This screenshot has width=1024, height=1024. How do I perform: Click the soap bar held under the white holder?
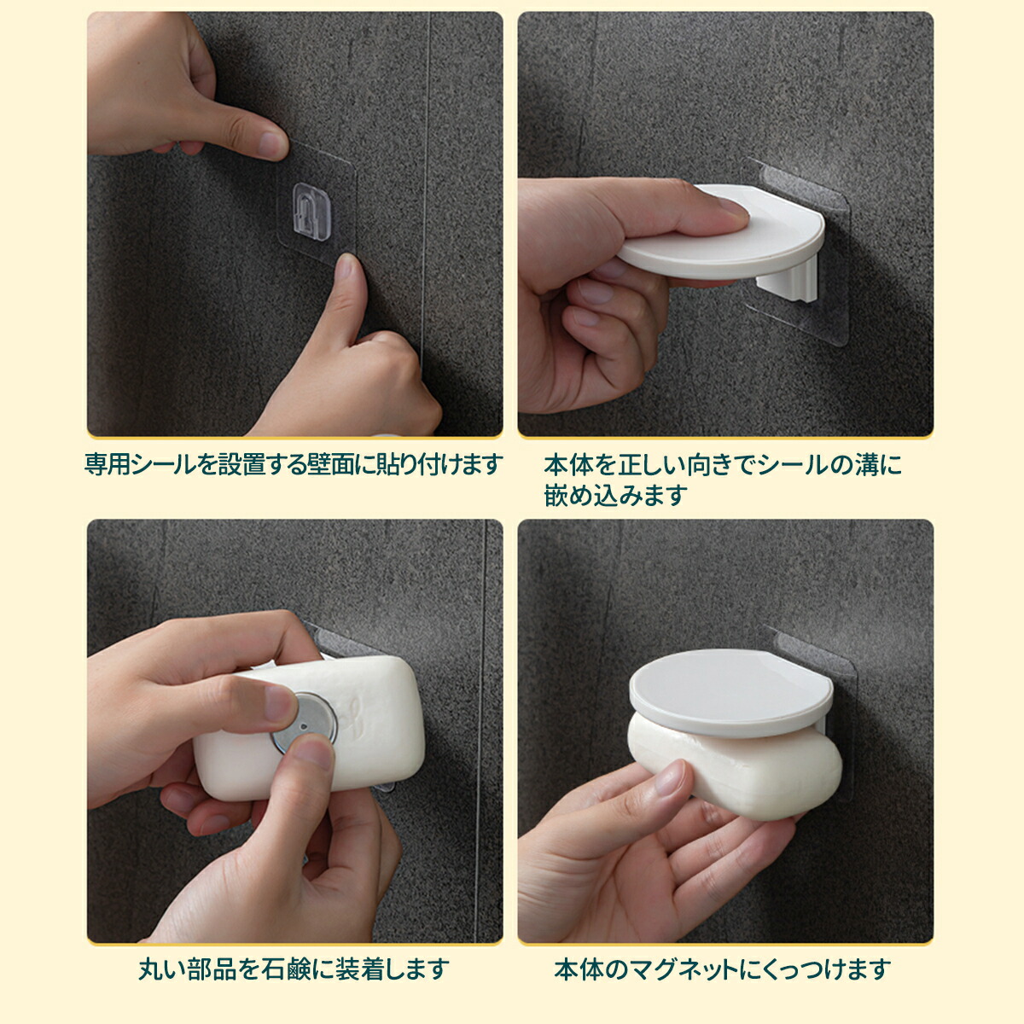pyautogui.click(x=736, y=765)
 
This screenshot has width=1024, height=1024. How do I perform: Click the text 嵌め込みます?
pyautogui.click(x=615, y=495)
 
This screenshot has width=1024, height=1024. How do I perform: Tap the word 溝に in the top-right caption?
pyautogui.click(x=876, y=465)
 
